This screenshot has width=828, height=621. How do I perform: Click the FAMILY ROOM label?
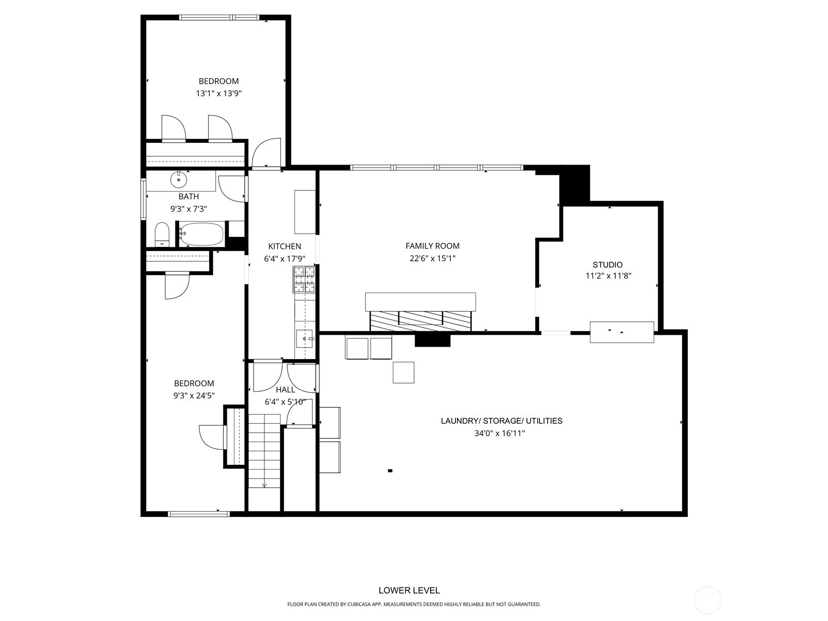pyautogui.click(x=432, y=246)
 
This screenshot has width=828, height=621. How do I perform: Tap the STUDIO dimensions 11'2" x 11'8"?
pyautogui.click(x=608, y=276)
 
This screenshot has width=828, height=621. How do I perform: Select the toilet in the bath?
pyautogui.click(x=162, y=235)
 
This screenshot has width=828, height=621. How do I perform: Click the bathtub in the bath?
pyautogui.click(x=202, y=235)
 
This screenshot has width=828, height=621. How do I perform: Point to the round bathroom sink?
pyautogui.click(x=179, y=180)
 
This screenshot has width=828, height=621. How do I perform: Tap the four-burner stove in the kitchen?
pyautogui.click(x=304, y=279)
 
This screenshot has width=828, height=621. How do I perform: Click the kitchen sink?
pyautogui.click(x=305, y=339)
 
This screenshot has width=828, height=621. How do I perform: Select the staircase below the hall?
pyautogui.click(x=264, y=450)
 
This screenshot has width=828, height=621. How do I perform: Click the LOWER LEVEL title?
pyautogui.click(x=409, y=590)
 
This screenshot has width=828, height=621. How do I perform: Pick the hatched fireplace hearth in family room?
pyautogui.click(x=420, y=321)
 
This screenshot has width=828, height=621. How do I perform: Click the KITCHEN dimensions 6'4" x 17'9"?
pyautogui.click(x=285, y=259)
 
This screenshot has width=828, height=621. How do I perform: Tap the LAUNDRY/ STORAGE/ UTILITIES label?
pyautogui.click(x=501, y=421)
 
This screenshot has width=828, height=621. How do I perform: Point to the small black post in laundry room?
pyautogui.click(x=390, y=470)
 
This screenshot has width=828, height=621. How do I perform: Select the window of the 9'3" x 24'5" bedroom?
pyautogui.click(x=198, y=514)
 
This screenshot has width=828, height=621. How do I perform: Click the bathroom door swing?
pyautogui.click(x=231, y=188)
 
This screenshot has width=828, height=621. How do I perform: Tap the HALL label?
pyautogui.click(x=285, y=390)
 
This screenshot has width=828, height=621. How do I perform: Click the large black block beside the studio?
pyautogui.click(x=575, y=184)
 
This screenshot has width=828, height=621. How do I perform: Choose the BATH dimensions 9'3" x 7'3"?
pyautogui.click(x=189, y=209)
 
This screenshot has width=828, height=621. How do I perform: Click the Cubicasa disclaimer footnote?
pyautogui.click(x=413, y=604)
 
